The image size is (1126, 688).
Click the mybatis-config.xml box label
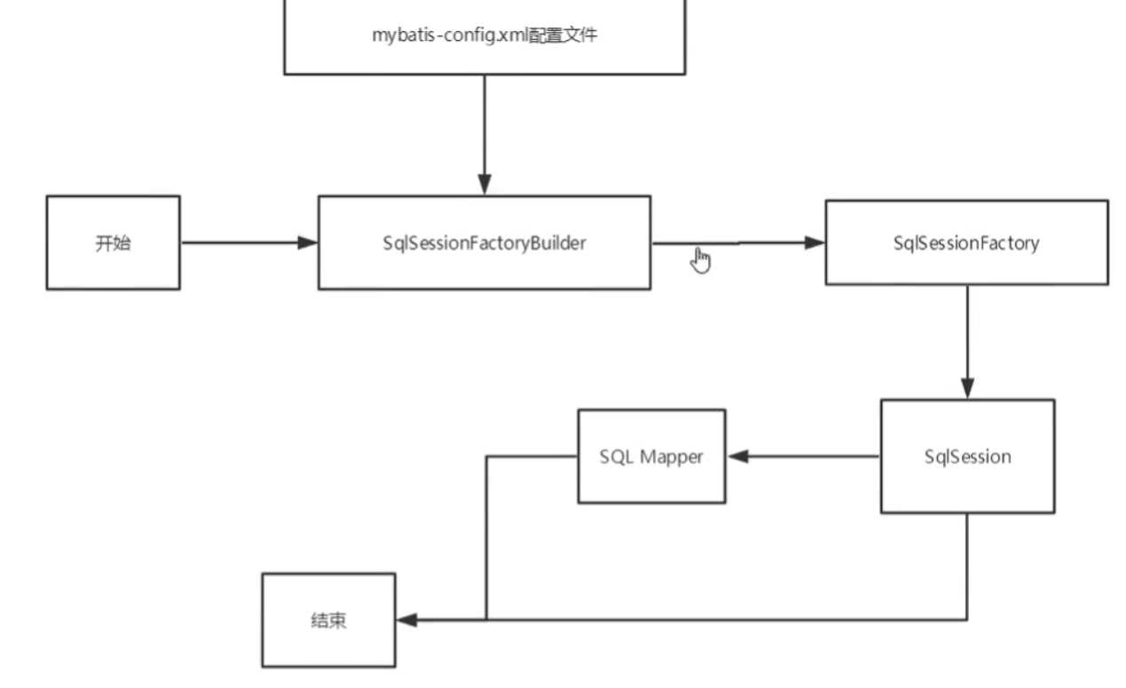click(484, 36)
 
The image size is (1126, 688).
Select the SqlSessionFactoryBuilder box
click(484, 242)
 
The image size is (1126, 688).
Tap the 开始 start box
click(113, 242)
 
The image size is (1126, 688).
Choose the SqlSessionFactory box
click(965, 242)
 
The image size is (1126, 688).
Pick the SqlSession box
click(966, 456)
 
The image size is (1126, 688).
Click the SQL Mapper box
click(650, 456)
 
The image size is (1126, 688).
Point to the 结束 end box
click(328, 620)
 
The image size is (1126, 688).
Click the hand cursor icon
click(702, 260)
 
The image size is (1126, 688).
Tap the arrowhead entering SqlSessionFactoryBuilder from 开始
click(308, 242)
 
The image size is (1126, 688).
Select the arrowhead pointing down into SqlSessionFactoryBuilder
click(484, 185)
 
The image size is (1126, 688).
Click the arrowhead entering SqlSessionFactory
click(815, 241)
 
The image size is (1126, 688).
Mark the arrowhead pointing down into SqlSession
click(966, 388)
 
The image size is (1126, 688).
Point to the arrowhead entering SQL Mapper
click(737, 456)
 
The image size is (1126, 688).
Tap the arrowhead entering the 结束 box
click(407, 620)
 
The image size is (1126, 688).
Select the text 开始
click(113, 242)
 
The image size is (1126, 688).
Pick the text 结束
click(328, 620)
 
